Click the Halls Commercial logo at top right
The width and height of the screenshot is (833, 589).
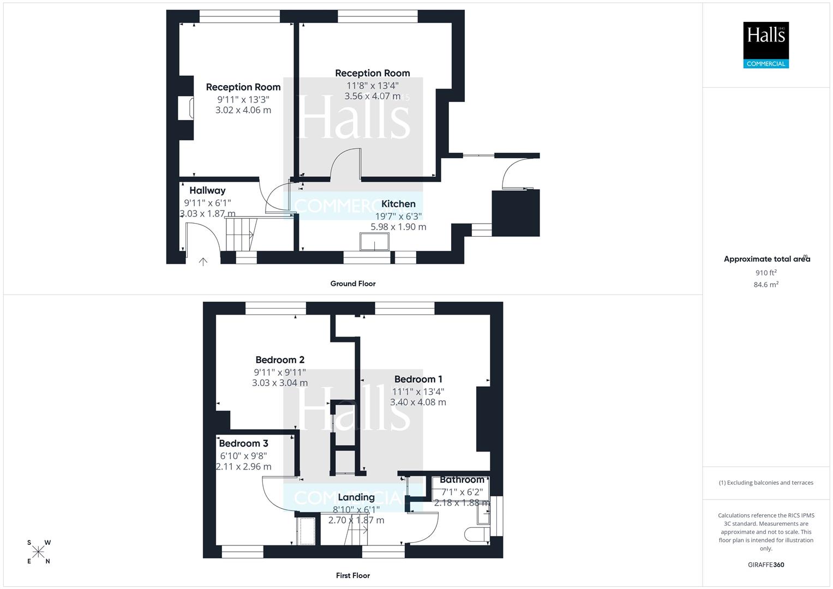pos(766,45)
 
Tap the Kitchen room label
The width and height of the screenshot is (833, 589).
pos(398,204)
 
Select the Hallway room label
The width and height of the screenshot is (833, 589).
pos(207,190)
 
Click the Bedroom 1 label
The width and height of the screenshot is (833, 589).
pos(418,379)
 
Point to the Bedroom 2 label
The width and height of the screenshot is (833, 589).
pos(280,360)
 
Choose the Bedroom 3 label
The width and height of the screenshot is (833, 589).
pos(243,443)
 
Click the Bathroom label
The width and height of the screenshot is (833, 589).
pos(462,480)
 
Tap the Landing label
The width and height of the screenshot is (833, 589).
pos(356,497)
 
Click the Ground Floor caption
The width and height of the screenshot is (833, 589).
pos(353,284)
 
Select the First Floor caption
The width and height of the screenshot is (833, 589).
pos(353,575)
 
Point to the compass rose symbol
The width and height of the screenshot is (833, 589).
pos(38,552)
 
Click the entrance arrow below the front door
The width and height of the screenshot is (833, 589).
pos(203,262)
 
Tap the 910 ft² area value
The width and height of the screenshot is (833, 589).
pos(766,273)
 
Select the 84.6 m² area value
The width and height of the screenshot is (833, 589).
pos(766,284)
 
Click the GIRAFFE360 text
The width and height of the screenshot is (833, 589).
pos(766,565)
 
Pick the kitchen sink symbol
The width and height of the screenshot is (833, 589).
pos(374,242)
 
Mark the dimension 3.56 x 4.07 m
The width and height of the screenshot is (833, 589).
pos(373,96)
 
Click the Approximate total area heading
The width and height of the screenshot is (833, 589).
pos(766,259)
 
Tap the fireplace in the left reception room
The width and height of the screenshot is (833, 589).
pos(190,108)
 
